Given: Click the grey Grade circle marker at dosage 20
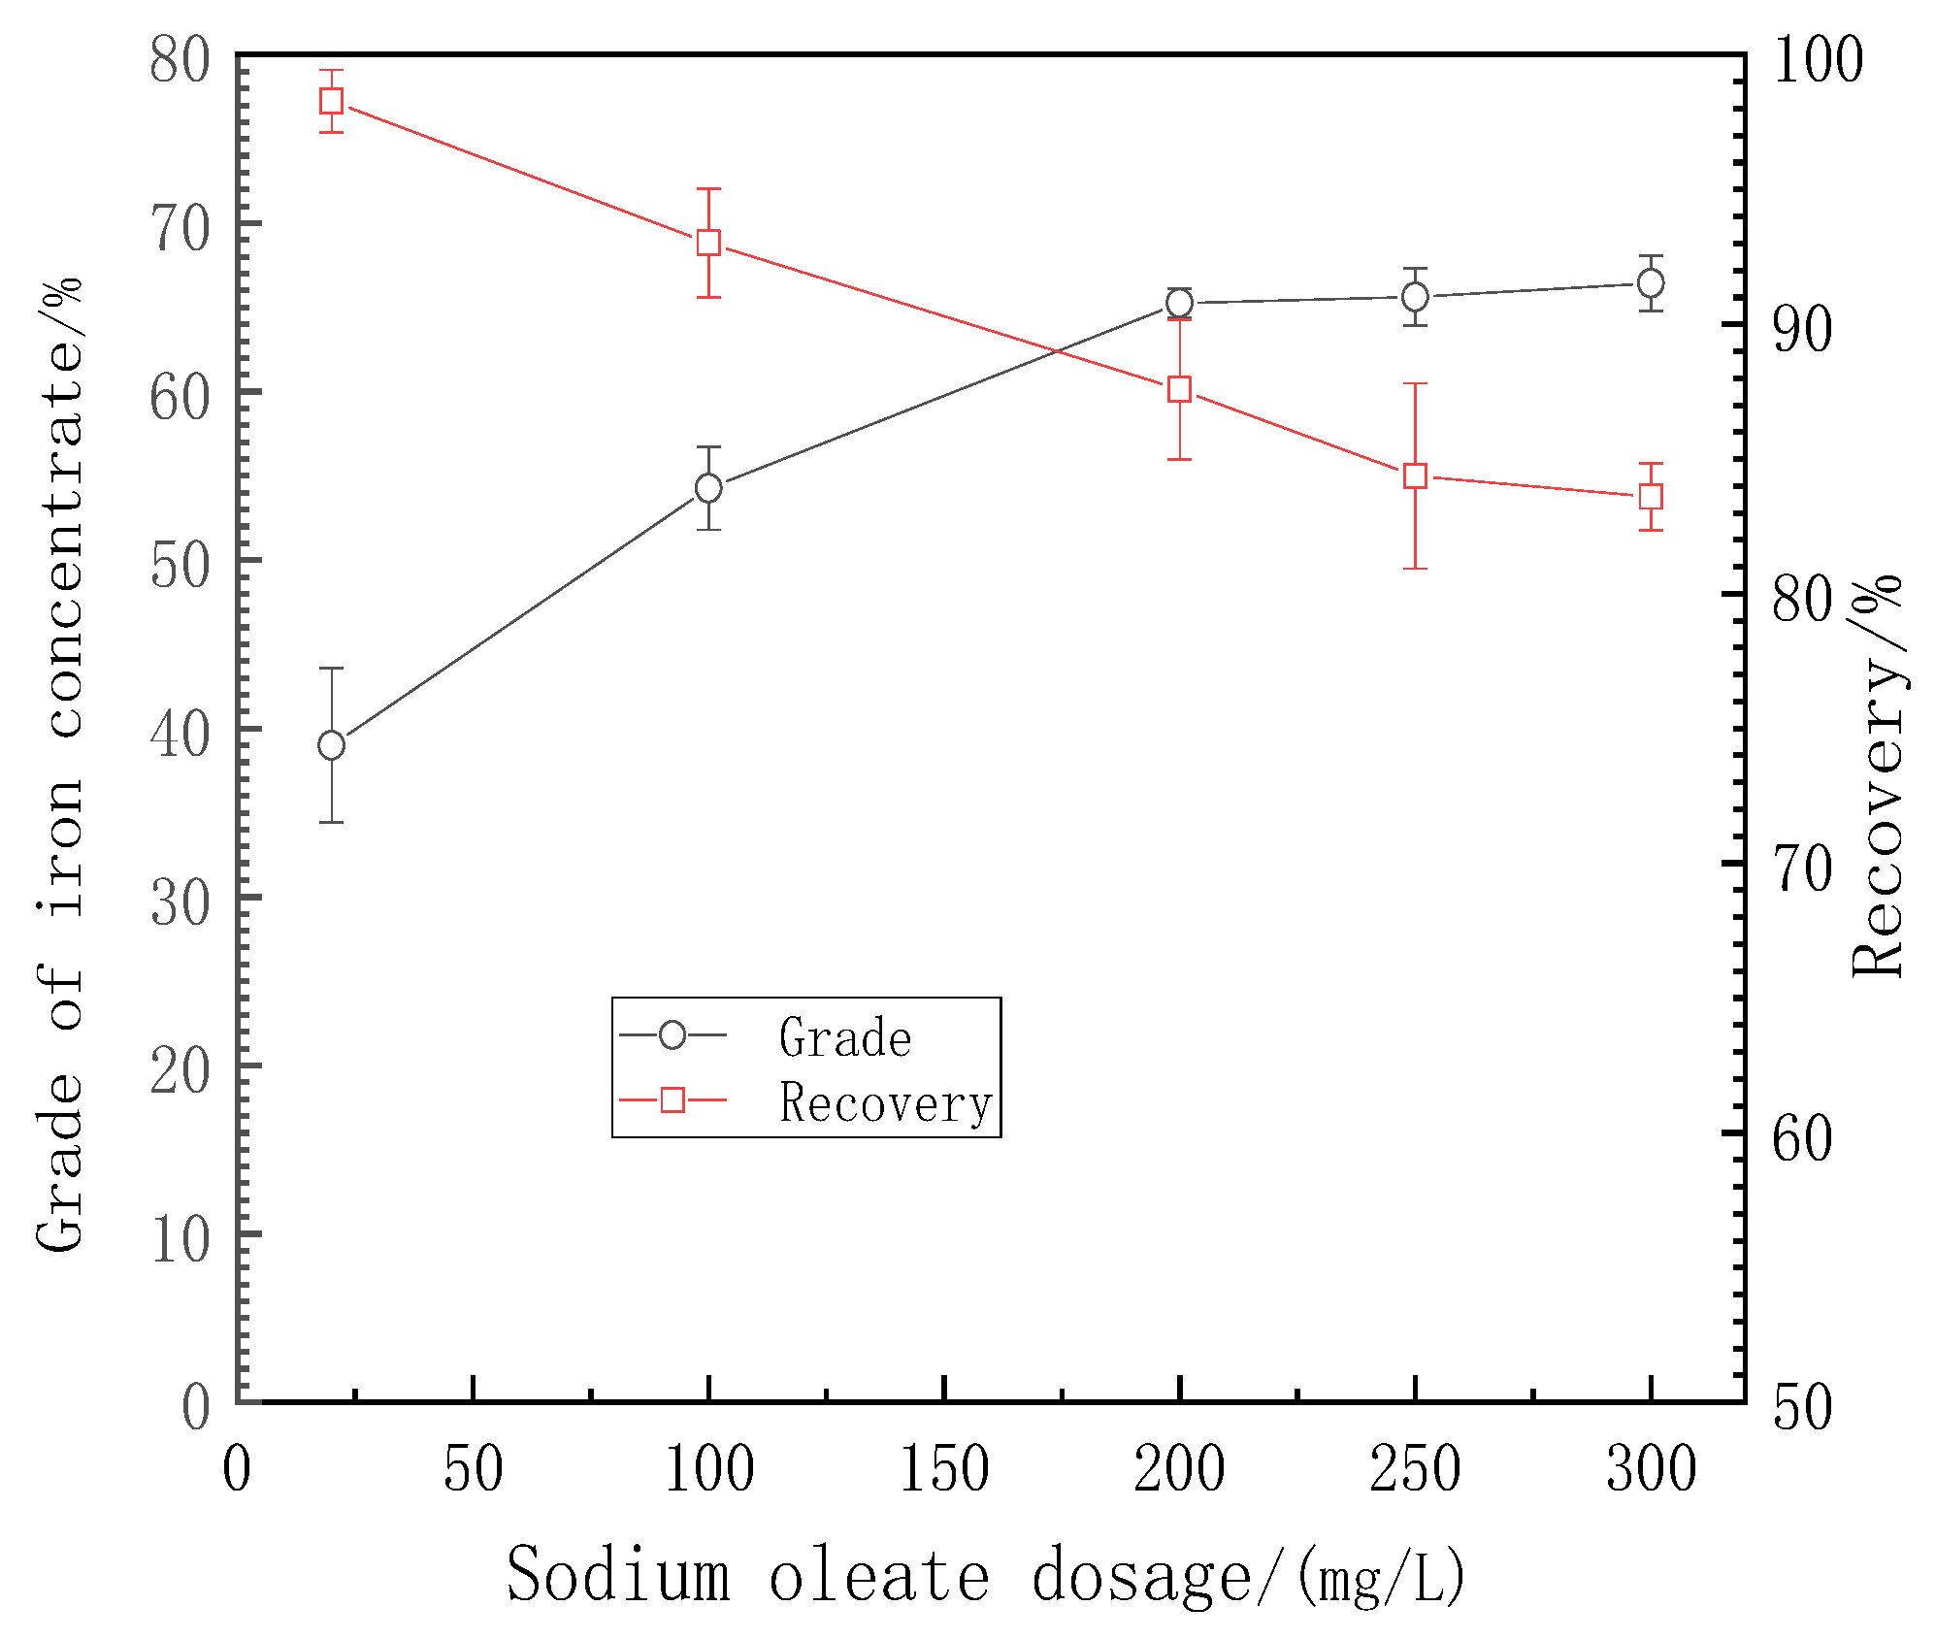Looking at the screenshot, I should coord(332,745).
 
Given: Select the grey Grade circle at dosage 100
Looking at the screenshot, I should coord(708,487).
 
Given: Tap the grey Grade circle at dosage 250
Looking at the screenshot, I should coord(1415,296).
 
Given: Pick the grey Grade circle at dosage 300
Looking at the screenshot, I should coord(1651,283).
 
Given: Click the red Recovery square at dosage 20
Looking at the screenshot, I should coord(332,101).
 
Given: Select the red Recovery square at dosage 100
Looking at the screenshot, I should coord(708,243).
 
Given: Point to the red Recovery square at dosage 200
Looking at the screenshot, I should coord(1179,389).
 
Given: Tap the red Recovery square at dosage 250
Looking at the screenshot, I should coord(1415,475).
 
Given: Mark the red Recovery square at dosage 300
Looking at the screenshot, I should coord(1651,497).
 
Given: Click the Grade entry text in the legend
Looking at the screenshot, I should coord(844,1037).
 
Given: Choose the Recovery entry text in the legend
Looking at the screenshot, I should coord(885,1102).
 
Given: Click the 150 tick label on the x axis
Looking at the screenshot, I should coord(944,1469).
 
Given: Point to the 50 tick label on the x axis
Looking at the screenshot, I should coord(473,1469).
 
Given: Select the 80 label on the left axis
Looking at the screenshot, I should coord(180,60).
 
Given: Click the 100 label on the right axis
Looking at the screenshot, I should coord(1817,60).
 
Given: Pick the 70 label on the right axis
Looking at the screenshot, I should coord(1802,867).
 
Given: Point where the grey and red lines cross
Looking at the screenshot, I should coord(1057,350).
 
